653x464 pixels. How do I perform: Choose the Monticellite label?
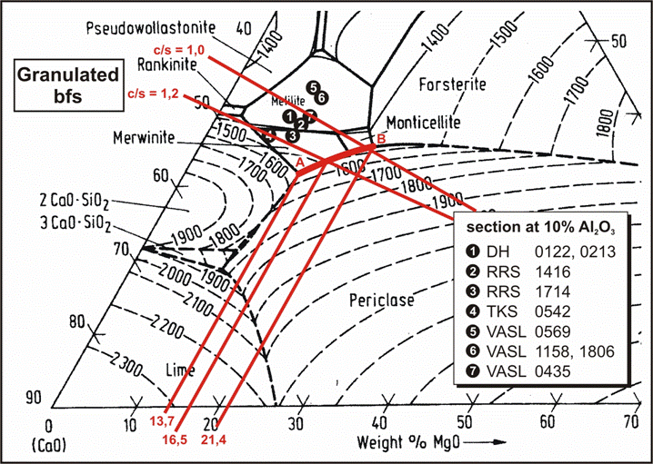[x=424, y=122]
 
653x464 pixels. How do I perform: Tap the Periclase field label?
[x=380, y=298]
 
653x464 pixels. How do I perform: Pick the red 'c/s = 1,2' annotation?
[x=149, y=93]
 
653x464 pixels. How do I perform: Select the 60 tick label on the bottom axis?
[x=547, y=424]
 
